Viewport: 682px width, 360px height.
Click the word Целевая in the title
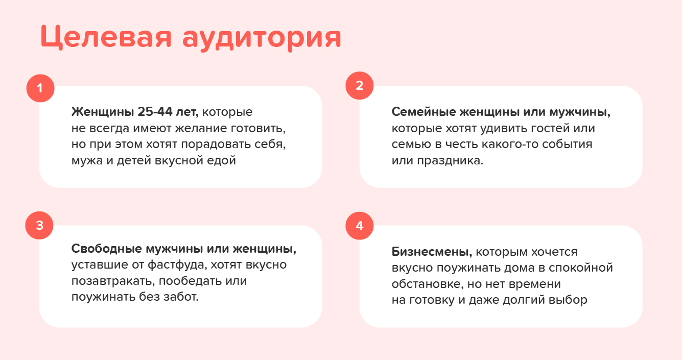106,37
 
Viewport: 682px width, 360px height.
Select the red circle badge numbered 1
40,88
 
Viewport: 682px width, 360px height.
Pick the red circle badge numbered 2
360,85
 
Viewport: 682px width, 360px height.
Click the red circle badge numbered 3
39,226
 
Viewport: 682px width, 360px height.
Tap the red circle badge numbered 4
360,226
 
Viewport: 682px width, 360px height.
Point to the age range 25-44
155,112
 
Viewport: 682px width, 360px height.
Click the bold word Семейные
424,112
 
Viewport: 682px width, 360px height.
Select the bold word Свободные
107,249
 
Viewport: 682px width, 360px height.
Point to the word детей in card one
134,161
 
